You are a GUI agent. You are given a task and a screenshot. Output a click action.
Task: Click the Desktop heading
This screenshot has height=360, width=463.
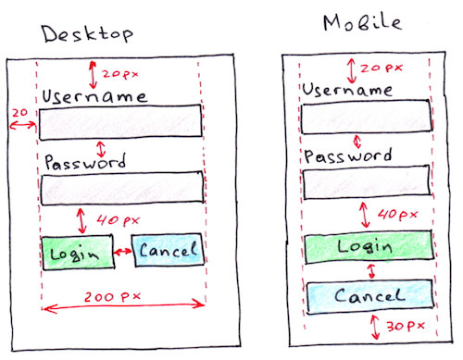point(87,34)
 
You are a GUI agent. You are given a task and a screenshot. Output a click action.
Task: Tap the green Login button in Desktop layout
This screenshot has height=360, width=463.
point(78,252)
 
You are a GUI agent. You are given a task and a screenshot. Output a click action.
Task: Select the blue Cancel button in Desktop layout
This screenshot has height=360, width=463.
point(168,250)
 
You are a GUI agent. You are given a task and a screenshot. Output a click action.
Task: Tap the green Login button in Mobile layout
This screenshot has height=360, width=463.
point(368,246)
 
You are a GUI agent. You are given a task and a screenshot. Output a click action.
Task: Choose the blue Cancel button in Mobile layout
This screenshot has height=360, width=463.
point(368,296)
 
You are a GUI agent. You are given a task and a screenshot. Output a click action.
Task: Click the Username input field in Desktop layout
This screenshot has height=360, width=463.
point(120,120)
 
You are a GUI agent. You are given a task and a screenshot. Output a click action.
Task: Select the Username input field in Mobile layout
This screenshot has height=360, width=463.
point(367,118)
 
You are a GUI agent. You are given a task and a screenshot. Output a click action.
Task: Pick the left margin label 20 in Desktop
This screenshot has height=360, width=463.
point(18,111)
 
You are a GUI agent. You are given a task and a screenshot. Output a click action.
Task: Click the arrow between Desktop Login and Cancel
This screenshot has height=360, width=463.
point(123,252)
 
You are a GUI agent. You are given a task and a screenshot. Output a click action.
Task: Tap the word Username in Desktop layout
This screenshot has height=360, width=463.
point(94,96)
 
